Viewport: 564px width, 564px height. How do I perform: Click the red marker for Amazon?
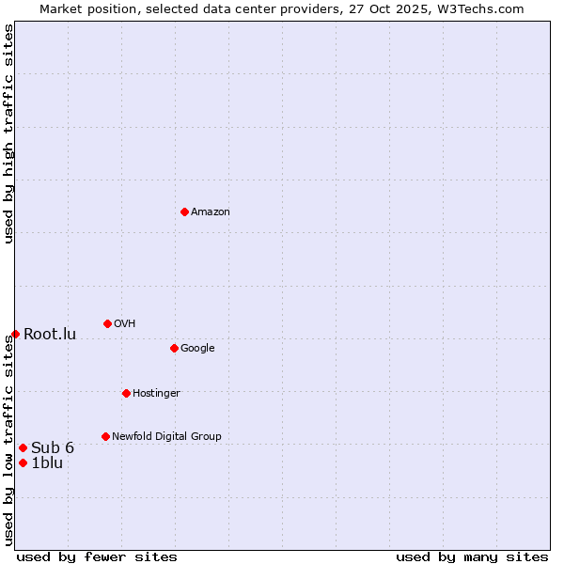(184, 211)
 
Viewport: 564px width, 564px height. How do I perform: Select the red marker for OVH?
(107, 323)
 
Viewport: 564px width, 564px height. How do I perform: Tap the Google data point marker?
(174, 348)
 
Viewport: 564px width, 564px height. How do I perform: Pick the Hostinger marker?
(126, 393)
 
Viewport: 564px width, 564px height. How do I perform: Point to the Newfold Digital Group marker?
(105, 436)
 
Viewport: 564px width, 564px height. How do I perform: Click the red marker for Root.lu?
(15, 334)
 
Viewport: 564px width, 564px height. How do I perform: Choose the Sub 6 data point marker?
(23, 447)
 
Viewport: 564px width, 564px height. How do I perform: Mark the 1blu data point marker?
(23, 462)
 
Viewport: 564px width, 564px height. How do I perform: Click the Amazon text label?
(211, 212)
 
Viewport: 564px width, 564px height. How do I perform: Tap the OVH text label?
(125, 324)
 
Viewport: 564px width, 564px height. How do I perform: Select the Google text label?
(197, 349)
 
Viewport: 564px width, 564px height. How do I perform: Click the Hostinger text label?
(156, 394)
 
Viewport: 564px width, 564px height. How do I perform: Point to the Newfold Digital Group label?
(166, 437)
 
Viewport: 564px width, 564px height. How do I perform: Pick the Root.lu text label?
(50, 335)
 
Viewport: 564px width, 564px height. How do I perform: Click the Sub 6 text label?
(53, 448)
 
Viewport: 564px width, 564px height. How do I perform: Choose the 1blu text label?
(47, 463)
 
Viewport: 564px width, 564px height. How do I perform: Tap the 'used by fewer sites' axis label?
(97, 557)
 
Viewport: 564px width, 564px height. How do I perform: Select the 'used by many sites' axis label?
(472, 557)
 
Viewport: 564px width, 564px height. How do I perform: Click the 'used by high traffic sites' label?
(9, 133)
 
